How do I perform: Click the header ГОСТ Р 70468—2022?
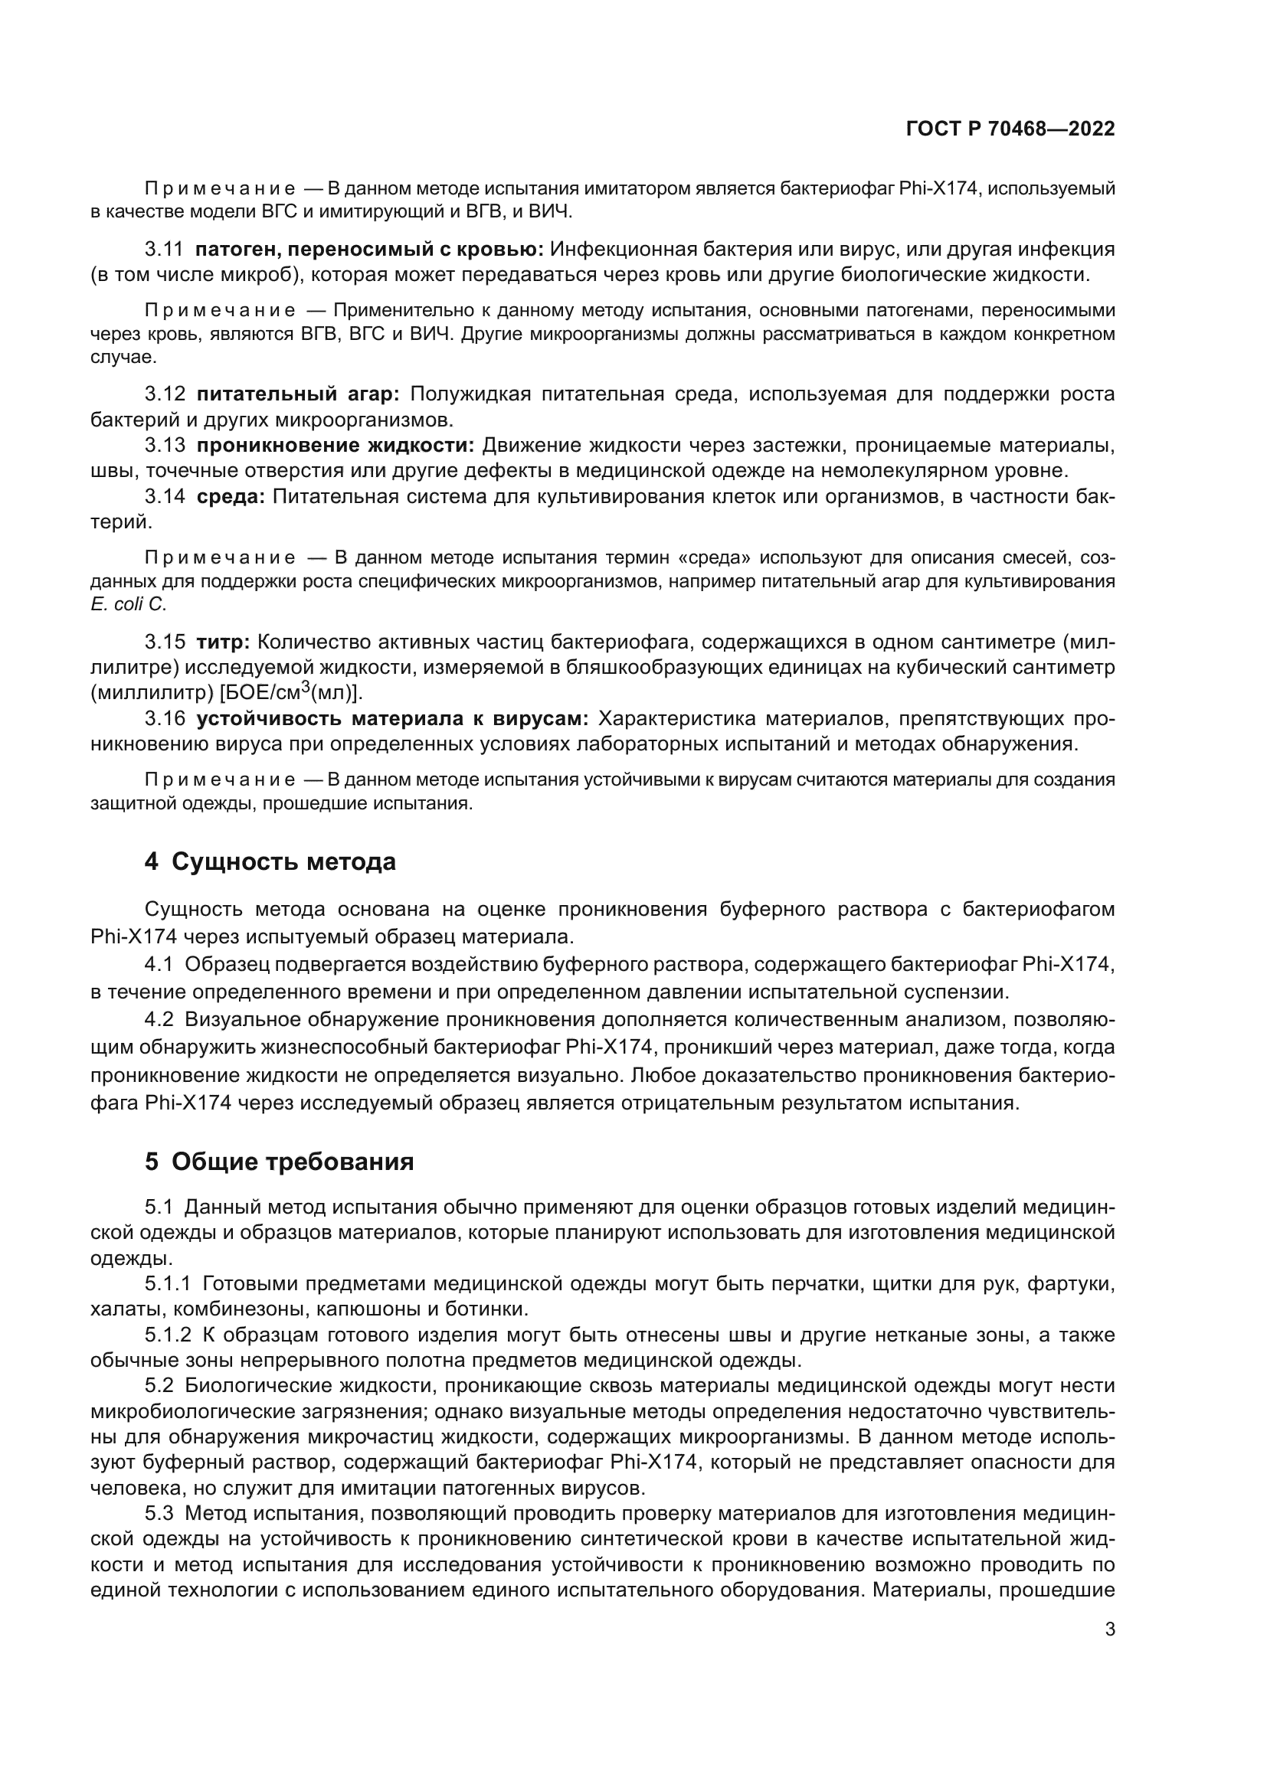1010,129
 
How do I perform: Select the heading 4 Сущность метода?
270,862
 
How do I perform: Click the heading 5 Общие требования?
279,1162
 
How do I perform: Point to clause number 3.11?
164,250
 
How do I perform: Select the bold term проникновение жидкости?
336,446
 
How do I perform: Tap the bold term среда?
230,497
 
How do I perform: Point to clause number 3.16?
165,718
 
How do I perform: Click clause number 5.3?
160,1513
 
